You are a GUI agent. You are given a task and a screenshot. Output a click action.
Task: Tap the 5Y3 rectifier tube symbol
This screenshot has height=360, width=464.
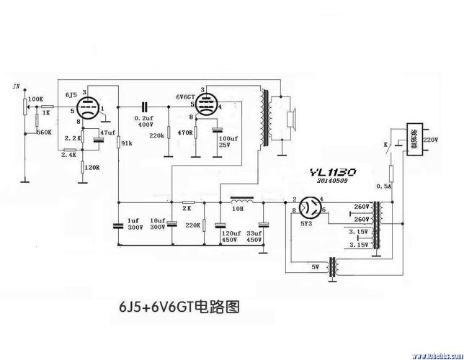[311, 208]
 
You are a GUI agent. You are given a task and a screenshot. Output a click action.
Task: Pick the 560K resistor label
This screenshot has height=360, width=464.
[42, 132]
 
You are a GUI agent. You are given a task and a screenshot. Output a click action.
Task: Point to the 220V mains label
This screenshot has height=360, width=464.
[430, 139]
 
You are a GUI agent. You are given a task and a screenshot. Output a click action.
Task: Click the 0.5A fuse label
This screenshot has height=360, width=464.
[384, 186]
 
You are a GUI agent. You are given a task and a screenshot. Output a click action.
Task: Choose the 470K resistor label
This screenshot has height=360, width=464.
[185, 132]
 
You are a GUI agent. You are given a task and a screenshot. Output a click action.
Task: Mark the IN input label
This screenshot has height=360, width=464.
[16, 86]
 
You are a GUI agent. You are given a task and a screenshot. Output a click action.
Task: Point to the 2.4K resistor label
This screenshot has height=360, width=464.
[69, 154]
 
